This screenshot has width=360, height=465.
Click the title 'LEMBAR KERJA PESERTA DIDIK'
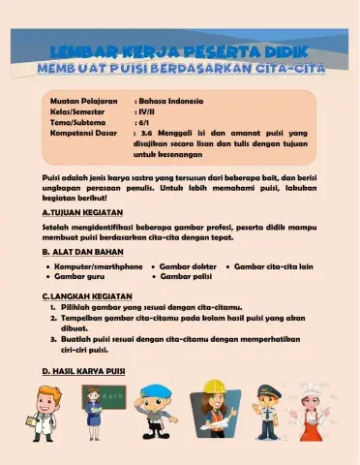[x=180, y=49]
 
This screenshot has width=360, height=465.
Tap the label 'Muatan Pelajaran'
[x=83, y=100]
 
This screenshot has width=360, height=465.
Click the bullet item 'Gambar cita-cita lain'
[x=274, y=265]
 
